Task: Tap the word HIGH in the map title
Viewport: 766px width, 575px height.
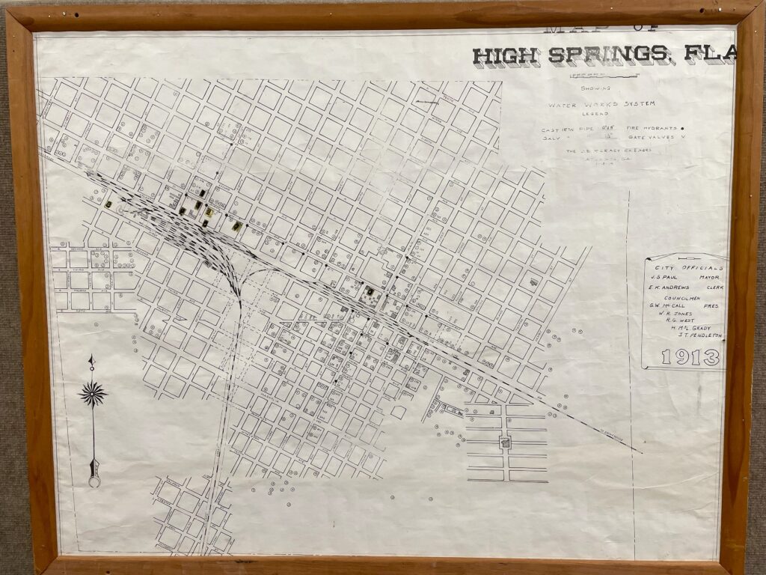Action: click(x=507, y=55)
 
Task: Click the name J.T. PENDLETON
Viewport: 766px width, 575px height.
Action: click(x=700, y=335)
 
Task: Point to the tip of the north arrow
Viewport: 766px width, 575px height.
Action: click(x=91, y=359)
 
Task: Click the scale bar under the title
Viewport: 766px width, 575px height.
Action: click(x=589, y=75)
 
